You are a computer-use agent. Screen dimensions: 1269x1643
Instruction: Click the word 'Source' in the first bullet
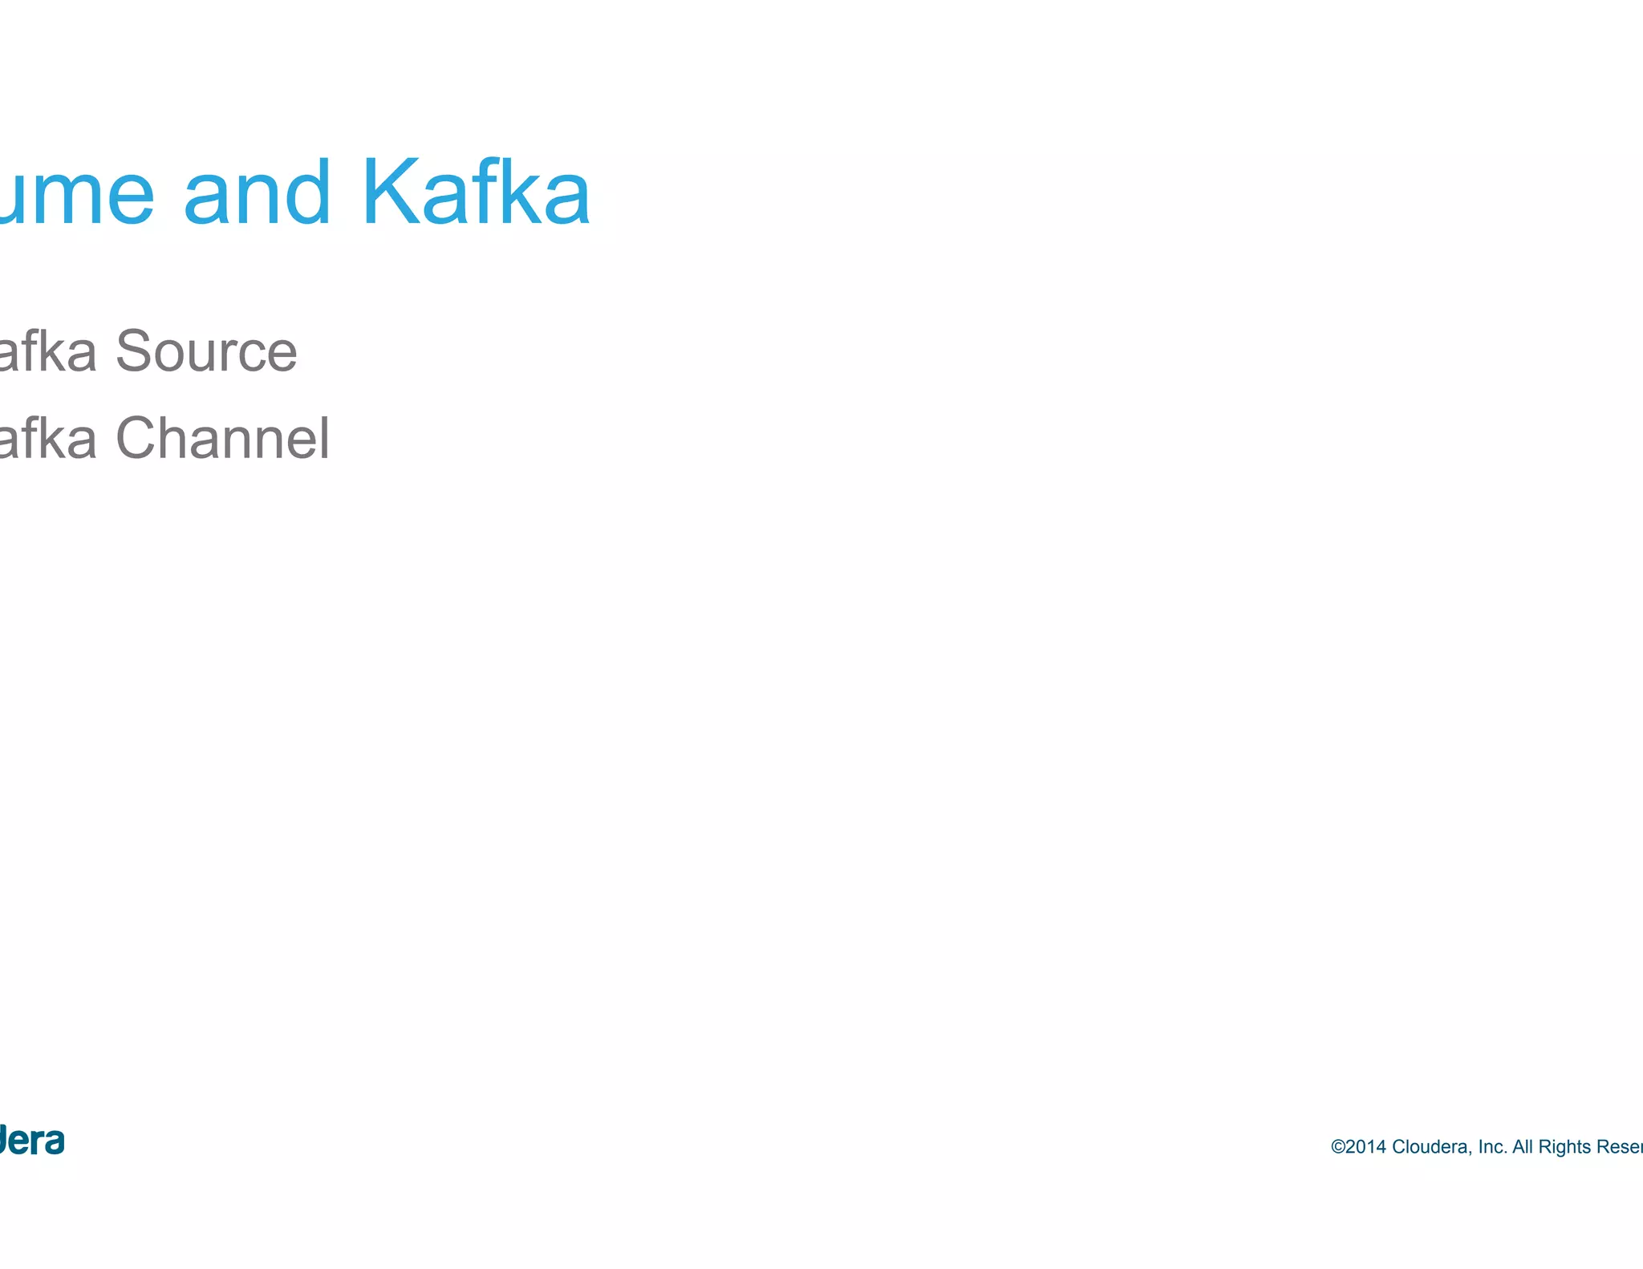[206, 352]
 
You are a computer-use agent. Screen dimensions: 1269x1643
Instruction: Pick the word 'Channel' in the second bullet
[222, 439]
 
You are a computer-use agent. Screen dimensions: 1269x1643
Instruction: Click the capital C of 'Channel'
[138, 439]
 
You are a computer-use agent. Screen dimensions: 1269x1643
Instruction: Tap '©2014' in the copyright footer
[1358, 1147]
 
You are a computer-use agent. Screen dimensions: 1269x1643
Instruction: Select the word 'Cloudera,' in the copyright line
[1432, 1147]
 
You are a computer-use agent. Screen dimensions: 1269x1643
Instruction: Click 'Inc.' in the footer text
[1492, 1147]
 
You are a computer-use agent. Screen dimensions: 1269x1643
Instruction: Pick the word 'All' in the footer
[1523, 1147]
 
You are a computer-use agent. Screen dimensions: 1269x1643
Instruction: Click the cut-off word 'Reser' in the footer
[1619, 1147]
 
